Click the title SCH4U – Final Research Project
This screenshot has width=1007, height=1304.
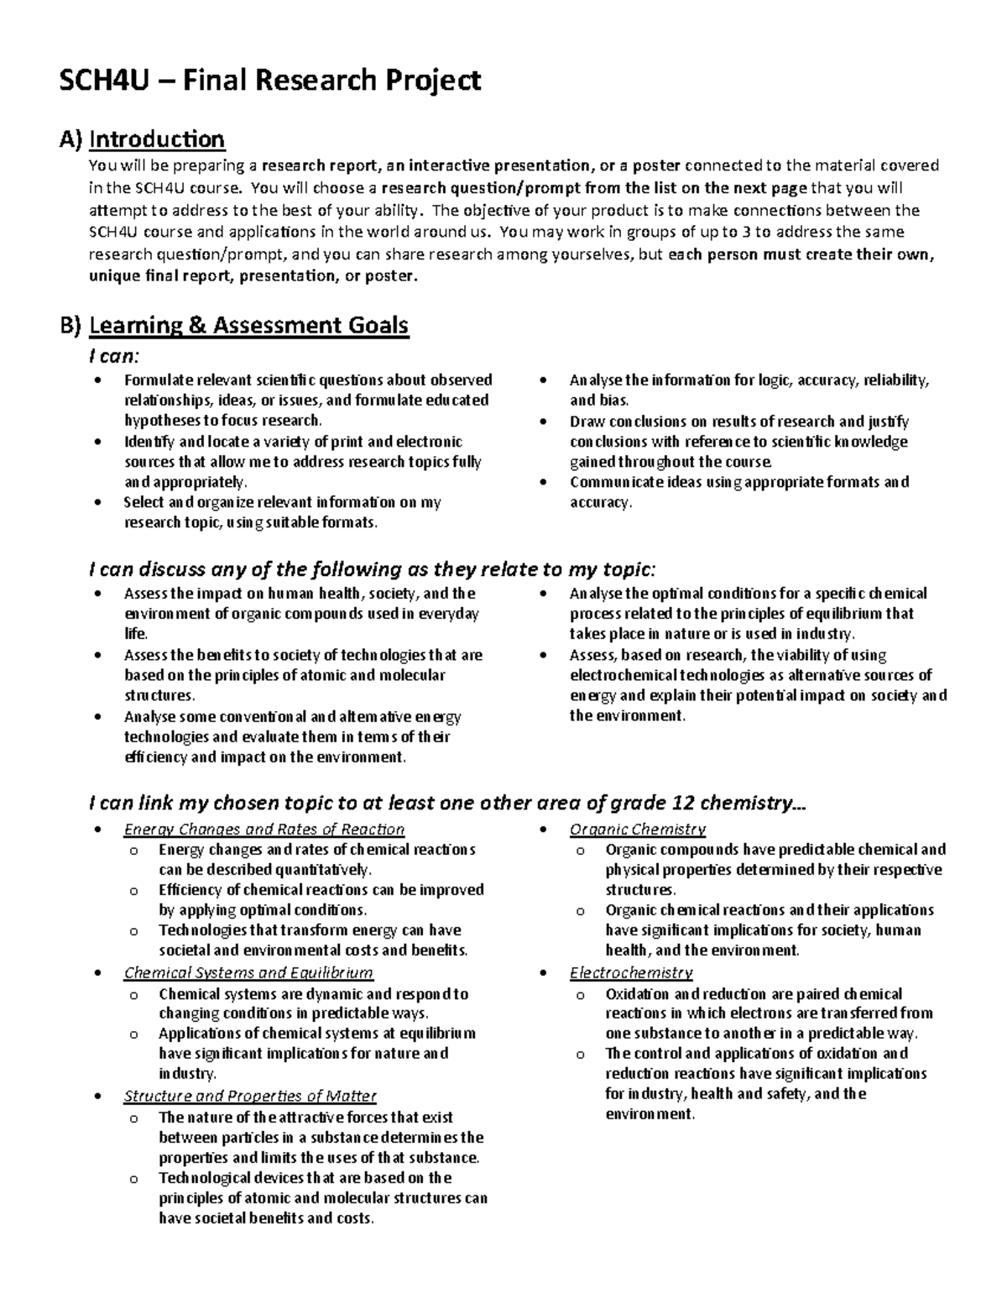pos(269,81)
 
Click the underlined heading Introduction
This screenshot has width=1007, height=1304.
pos(157,139)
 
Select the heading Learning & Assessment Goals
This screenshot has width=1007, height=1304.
pos(248,325)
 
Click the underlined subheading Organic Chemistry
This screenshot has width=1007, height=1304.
pos(637,830)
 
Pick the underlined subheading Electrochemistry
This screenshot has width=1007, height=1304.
pos(630,973)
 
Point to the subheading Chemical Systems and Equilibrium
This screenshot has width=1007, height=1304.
pos(248,973)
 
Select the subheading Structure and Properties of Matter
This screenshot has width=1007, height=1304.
pos(250,1097)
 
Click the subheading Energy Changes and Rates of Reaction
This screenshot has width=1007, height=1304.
pos(263,830)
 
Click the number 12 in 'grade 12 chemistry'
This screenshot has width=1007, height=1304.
pos(679,803)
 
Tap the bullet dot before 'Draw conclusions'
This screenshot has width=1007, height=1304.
pos(545,422)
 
